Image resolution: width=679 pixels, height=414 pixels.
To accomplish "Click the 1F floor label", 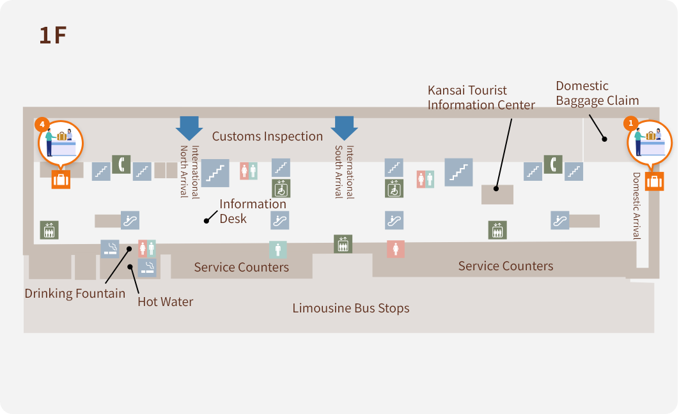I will pos(52,35).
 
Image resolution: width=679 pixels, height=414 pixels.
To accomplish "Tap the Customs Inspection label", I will pos(267,136).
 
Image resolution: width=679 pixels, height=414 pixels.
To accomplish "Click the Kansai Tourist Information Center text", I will pos(481,98).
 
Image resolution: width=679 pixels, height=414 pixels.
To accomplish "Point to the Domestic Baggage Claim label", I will pos(597,93).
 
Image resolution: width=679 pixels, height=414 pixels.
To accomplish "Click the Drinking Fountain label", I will pos(75,294).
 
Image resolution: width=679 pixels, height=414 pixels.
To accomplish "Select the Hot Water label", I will pos(165,302).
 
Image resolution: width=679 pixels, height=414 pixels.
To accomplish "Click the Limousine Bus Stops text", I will pos(350,309).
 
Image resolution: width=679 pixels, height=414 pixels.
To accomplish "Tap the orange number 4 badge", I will pos(42,124).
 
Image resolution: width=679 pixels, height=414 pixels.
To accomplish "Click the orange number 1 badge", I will pos(630,123).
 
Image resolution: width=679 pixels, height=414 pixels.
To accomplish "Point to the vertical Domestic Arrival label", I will pos(636,205).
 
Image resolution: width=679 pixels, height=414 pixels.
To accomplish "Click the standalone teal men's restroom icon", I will pos(277,249).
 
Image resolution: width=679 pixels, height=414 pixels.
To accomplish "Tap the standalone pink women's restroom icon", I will pos(395,249).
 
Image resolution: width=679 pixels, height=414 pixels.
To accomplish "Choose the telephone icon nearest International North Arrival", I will pos(121,164).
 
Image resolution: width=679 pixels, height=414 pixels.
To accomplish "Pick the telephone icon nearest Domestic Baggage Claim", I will pos(552,164).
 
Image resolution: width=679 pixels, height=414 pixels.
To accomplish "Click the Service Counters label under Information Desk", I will pos(241,267).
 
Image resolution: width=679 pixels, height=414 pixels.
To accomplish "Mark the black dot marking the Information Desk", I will pos(207,221).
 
